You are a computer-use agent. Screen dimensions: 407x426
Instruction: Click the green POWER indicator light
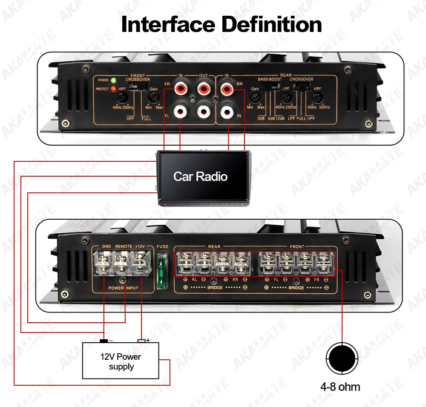coord(113,80)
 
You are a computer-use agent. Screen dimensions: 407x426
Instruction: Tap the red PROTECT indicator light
coord(113,89)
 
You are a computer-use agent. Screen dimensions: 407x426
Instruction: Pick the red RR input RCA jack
coord(226,89)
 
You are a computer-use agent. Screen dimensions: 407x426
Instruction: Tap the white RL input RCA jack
coord(226,112)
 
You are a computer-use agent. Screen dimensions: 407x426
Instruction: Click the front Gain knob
coord(153,98)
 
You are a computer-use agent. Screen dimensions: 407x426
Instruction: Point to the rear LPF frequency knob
coord(286,98)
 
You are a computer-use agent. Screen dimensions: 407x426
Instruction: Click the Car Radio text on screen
coord(200,176)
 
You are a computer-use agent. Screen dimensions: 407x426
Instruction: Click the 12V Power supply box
coord(121,361)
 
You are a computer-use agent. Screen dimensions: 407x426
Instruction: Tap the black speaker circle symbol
coord(341,359)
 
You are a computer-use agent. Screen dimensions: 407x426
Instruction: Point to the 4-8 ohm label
coord(340,387)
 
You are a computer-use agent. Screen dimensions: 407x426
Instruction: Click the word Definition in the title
coord(272,24)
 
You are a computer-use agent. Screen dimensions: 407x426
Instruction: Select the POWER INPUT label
coord(123,288)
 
